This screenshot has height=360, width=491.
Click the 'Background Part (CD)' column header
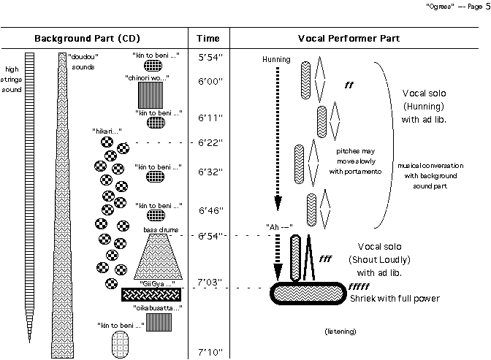click(88, 37)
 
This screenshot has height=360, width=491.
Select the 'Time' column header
click(209, 37)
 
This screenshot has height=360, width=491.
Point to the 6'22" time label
click(210, 142)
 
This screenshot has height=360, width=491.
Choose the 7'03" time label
click(210, 283)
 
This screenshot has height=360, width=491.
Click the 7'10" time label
click(210, 353)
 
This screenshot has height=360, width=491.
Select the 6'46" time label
click(210, 212)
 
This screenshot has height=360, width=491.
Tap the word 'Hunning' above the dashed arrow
click(275, 59)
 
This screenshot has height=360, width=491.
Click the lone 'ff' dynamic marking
click(349, 85)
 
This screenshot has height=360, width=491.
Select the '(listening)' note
click(340, 332)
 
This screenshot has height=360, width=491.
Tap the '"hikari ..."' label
click(107, 131)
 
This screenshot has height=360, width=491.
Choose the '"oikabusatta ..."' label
click(159, 308)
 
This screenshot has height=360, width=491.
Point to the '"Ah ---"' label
click(280, 226)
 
